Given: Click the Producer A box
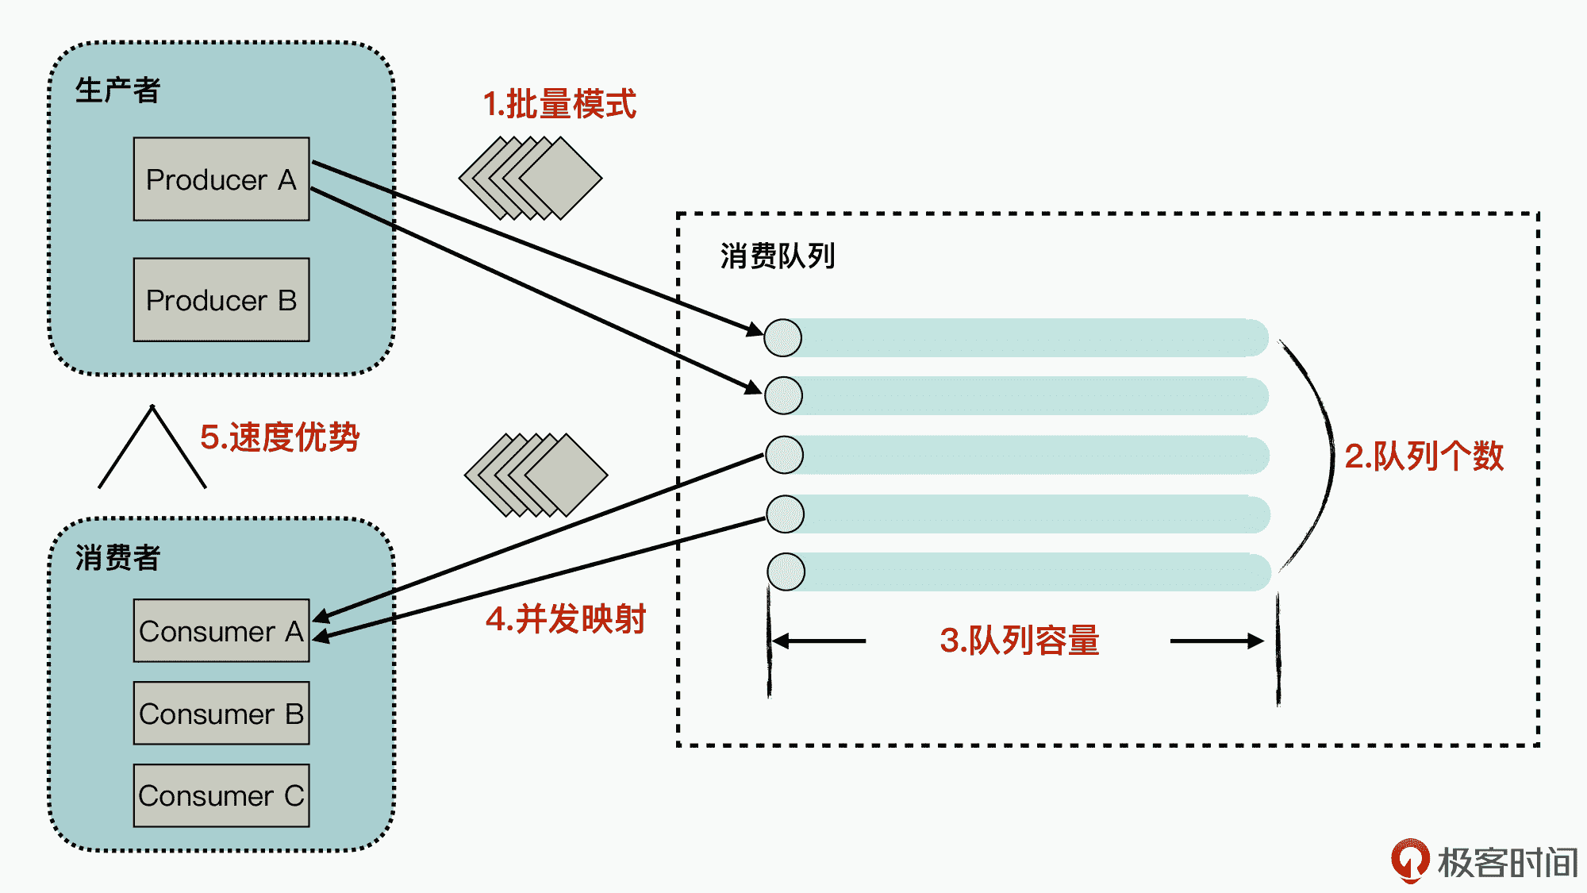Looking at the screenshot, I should point(221,179).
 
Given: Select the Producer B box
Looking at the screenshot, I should point(221,300).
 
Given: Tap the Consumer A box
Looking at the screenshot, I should point(221,631).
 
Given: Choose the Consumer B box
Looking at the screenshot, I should point(221,714).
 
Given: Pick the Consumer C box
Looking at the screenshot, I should point(221,795).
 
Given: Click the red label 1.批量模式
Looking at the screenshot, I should point(559,104).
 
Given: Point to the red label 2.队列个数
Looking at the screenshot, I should point(1424,456).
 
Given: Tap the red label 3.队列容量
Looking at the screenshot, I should point(1019,641).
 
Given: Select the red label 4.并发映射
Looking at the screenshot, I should point(566,619).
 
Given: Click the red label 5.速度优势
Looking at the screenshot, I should point(279,437).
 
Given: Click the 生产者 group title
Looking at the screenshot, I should point(117,90).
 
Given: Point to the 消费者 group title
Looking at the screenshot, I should point(117,558).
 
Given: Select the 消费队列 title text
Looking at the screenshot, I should point(778,256).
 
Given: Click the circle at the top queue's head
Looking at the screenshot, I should point(782,338).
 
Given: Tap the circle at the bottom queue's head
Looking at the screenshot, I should point(786,572).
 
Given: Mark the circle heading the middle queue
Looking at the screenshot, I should point(784,455).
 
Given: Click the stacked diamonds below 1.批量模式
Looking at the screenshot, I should point(530,178).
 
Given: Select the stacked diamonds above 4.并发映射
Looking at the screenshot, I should point(536,475).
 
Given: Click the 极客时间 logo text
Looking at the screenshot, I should point(1507,863).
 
